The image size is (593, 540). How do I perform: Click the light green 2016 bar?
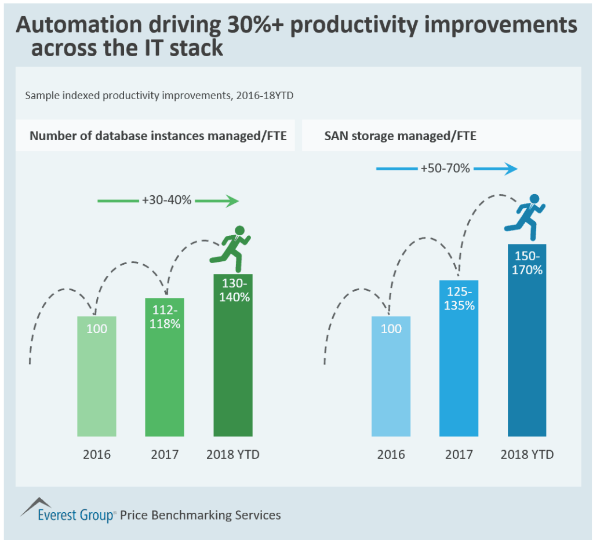[x=96, y=377]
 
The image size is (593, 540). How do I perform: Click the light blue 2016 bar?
[x=391, y=377]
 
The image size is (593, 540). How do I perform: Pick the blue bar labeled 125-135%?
[x=459, y=359]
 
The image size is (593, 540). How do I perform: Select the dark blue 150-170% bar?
[x=527, y=342]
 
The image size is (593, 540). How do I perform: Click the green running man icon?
[x=232, y=249]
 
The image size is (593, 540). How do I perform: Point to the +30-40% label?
[x=166, y=201]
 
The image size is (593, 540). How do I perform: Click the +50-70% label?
[x=445, y=169]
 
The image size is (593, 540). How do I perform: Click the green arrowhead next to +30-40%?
[x=232, y=201]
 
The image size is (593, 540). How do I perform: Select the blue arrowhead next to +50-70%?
[x=510, y=169]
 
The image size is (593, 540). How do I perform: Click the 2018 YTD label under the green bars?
[x=232, y=455]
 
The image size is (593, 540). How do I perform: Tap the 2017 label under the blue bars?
[x=459, y=455]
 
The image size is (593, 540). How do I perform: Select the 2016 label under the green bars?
[x=96, y=455]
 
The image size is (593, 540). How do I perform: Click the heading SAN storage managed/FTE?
[x=400, y=136]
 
